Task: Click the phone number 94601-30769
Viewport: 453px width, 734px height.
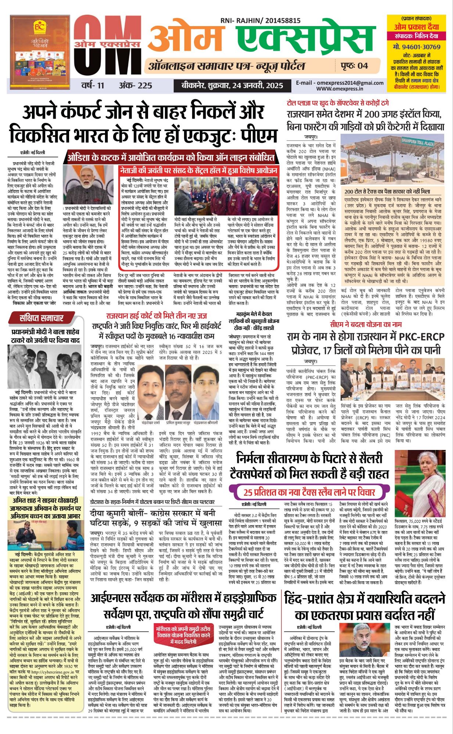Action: [416, 47]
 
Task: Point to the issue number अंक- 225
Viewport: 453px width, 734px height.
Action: [136, 86]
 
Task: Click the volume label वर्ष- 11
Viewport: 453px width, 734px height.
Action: [93, 86]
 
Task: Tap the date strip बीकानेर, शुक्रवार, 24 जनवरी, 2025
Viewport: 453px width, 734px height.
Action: [232, 86]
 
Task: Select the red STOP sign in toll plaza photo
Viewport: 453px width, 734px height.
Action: [368, 177]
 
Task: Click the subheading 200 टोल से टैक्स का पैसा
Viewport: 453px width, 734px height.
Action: [387, 192]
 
